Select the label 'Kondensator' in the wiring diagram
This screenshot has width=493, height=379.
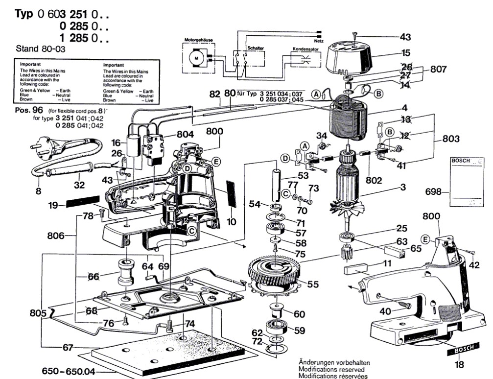(x=305, y=49)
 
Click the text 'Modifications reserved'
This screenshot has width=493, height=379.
(x=333, y=369)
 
